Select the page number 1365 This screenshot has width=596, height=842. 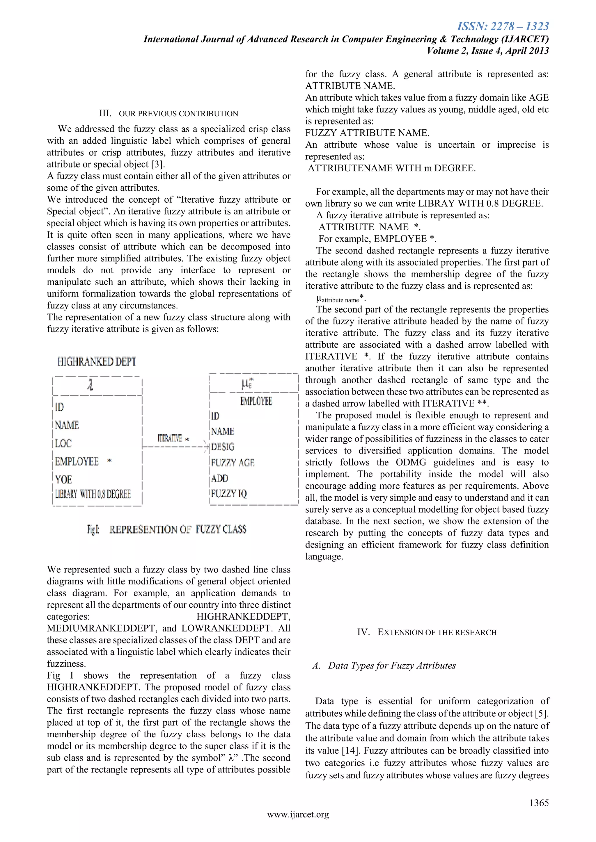539,803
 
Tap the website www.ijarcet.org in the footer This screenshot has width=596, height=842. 298,814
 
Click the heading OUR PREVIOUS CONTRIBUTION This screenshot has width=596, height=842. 178,114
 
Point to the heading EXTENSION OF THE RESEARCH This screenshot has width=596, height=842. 437,632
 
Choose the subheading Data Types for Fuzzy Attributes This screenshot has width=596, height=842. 392,666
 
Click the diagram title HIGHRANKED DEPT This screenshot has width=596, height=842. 97,362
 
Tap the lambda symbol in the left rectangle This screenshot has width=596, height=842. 90,385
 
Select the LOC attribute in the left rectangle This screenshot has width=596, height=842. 63,443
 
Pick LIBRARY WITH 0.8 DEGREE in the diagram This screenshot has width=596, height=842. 93,494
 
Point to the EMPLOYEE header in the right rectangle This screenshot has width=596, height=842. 256,401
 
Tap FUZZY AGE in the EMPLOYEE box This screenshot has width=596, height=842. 233,463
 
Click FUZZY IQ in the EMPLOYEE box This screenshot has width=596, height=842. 229,494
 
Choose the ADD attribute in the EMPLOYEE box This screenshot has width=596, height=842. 219,478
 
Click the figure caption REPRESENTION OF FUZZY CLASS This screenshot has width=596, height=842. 178,529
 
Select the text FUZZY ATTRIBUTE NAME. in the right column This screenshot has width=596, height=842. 367,133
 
